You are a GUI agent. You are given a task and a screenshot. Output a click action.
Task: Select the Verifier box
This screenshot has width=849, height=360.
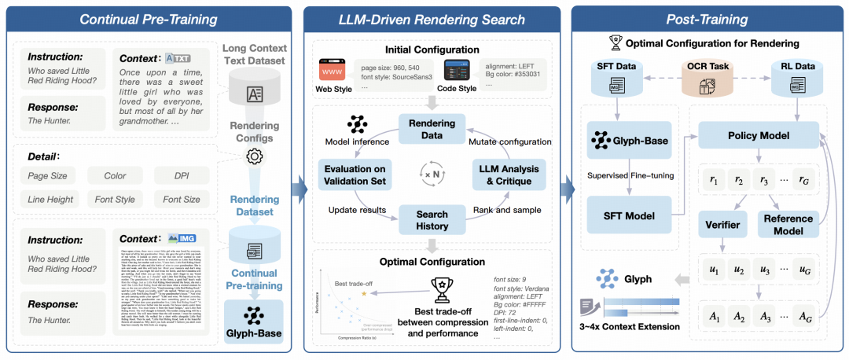pos(722,225)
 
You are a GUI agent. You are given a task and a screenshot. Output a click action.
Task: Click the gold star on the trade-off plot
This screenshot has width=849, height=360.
pos(364,292)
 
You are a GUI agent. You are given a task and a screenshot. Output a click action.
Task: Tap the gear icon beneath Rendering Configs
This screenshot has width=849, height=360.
pos(253,156)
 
